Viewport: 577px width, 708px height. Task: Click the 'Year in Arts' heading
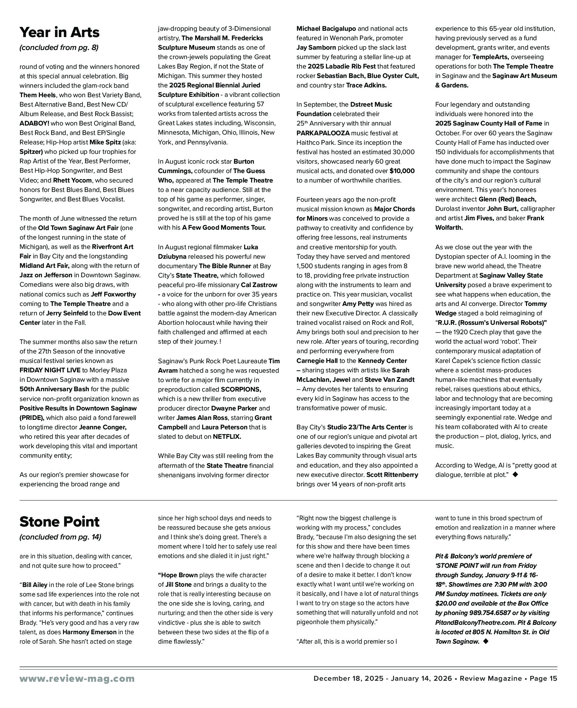click(59, 33)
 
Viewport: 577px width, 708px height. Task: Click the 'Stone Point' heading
click(59, 522)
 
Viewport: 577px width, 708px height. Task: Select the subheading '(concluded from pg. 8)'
click(59, 48)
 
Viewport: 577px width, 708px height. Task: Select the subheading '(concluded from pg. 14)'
click(60, 537)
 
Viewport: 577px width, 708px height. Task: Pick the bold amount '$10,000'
click(402, 171)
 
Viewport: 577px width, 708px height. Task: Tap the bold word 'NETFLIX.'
click(227, 437)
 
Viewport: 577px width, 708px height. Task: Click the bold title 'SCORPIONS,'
click(241, 389)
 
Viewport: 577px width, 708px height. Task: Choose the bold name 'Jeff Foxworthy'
click(113, 294)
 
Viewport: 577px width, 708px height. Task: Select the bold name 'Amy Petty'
click(358, 304)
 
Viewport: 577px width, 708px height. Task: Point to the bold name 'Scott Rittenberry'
click(392, 475)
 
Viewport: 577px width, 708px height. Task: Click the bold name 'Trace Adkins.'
click(366, 85)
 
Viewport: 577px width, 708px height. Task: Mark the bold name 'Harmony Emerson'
click(90, 632)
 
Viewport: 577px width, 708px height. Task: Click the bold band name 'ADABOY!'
click(35, 123)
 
